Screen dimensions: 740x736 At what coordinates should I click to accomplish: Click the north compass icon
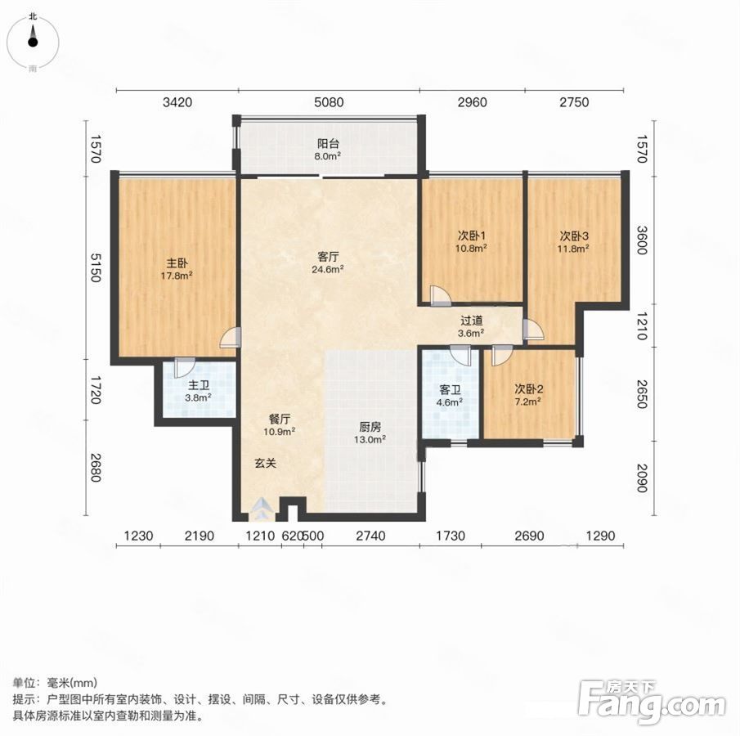tap(33, 42)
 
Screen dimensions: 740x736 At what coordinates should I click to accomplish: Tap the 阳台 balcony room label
tap(328, 143)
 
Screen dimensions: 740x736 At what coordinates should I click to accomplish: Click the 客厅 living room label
tap(328, 257)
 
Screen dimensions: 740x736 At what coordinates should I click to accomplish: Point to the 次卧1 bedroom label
tap(472, 235)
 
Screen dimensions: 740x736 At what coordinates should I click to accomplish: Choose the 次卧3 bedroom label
tap(574, 235)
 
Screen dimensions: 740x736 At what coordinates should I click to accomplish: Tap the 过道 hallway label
tap(472, 321)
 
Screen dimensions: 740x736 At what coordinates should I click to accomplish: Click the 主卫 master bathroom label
tap(198, 385)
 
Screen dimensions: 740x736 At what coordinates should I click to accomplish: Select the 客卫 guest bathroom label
tap(449, 390)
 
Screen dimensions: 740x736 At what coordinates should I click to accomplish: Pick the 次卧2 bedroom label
tap(528, 389)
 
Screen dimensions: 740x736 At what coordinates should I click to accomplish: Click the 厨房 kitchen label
tap(370, 427)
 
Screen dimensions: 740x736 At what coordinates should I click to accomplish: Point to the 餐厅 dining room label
tap(280, 419)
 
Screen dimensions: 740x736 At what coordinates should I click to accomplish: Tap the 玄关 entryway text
tap(265, 463)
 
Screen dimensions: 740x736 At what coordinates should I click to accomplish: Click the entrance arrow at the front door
tap(260, 509)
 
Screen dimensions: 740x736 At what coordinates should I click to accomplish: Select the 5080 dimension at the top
tap(329, 102)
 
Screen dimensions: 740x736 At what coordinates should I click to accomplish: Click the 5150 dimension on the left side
tap(96, 267)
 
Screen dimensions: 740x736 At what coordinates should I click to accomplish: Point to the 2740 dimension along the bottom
tap(370, 536)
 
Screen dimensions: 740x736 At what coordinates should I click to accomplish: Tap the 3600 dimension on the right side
tap(641, 240)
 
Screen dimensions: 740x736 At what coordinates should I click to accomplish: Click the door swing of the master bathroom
tap(184, 367)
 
